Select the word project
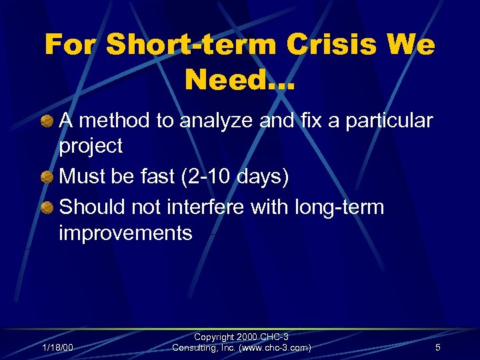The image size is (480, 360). pyautogui.click(x=91, y=146)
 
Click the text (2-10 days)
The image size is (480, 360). pyautogui.click(x=235, y=177)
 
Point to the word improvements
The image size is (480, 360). pyautogui.click(x=125, y=233)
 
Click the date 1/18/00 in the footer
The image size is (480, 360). pyautogui.click(x=57, y=347)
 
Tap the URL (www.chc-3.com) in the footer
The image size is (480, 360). pyautogui.click(x=273, y=348)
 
